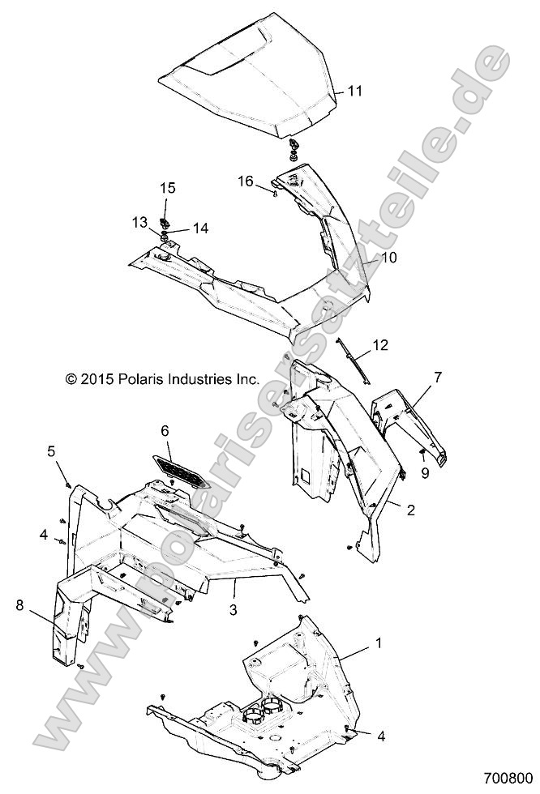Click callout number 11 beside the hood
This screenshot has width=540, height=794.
(x=354, y=92)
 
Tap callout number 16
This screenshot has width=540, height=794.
(x=246, y=182)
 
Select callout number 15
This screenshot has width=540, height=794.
(x=167, y=189)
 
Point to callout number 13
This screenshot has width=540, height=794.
(x=140, y=221)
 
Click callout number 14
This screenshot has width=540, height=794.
(x=199, y=229)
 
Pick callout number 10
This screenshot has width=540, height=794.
(x=389, y=258)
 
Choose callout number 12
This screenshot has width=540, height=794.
(x=380, y=346)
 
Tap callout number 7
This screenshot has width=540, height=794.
(x=438, y=377)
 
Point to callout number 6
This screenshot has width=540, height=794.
(x=165, y=432)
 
